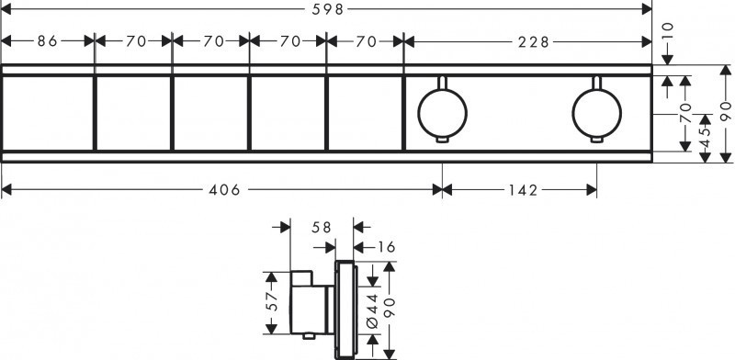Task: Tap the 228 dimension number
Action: click(527, 40)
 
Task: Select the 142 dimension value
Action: click(520, 190)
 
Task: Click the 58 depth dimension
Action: click(321, 225)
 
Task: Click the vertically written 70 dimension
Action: click(684, 114)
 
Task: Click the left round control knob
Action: click(442, 113)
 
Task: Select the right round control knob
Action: click(596, 113)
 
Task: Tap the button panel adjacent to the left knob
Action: click(365, 114)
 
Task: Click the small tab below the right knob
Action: click(596, 140)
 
